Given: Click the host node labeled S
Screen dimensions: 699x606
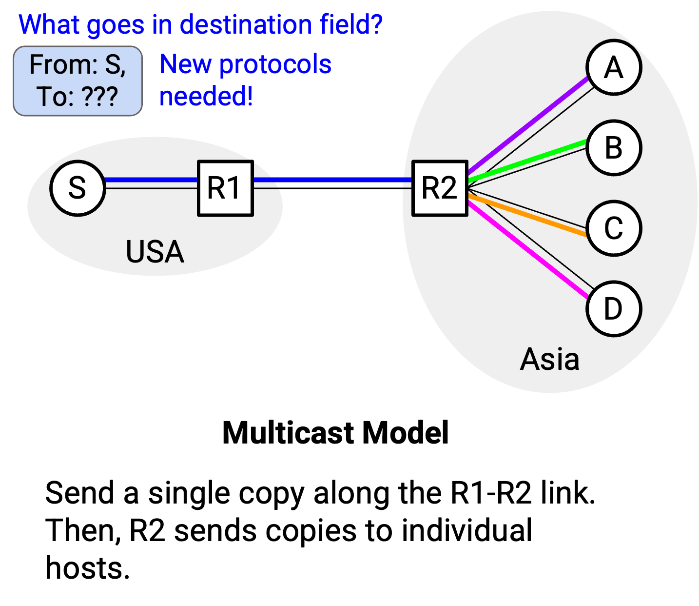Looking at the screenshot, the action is click(x=78, y=188).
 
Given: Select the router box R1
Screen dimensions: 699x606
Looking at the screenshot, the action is click(x=226, y=188).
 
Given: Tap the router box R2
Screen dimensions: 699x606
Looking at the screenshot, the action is click(x=440, y=188).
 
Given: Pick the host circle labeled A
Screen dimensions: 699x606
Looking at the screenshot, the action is click(x=614, y=67).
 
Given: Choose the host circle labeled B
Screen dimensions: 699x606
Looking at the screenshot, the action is click(x=614, y=148).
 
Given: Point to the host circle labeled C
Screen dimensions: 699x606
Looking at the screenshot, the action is click(x=614, y=228).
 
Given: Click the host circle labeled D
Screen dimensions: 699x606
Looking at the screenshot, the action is click(x=614, y=309).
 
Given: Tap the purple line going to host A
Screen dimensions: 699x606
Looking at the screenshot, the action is click(x=528, y=125).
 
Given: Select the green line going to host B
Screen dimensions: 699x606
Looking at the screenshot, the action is click(x=527, y=161).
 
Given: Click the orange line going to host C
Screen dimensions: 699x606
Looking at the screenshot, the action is click(x=527, y=215).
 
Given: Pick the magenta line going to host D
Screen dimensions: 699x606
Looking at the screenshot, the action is click(x=528, y=250).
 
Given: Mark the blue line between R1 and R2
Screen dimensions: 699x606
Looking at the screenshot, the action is click(x=333, y=180).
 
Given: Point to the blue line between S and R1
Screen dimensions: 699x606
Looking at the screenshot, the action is click(x=151, y=180).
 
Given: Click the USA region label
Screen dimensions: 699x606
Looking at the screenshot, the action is click(x=155, y=252).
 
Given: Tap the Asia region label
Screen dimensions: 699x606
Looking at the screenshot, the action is click(x=549, y=359).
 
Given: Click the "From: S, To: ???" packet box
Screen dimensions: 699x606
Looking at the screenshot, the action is click(x=78, y=81).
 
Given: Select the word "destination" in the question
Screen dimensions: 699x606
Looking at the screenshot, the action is click(x=246, y=24).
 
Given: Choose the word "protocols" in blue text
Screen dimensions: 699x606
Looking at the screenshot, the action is click(x=275, y=65).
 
